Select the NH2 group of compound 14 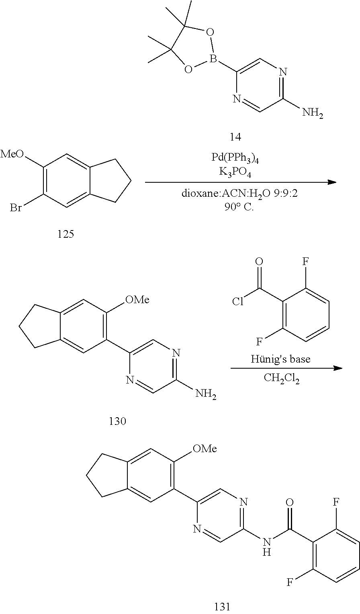(x=313, y=113)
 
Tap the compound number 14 (x=236, y=136)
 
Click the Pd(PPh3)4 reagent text (x=235, y=158)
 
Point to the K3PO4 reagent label (x=235, y=173)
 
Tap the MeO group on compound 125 (x=12, y=154)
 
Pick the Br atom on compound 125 (x=15, y=208)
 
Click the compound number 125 (x=66, y=234)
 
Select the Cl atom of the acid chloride (x=237, y=302)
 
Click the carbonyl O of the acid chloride (x=259, y=261)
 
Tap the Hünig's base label (x=280, y=359)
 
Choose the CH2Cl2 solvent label (x=282, y=379)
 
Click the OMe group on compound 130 (x=137, y=300)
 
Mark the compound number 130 (x=117, y=421)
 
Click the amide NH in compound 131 (x=267, y=547)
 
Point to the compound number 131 (x=222, y=607)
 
